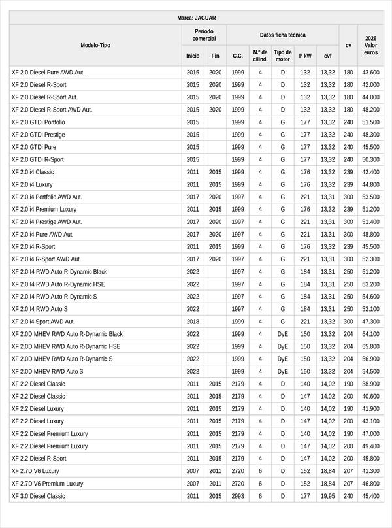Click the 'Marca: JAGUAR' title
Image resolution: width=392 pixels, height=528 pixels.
[x=196, y=18]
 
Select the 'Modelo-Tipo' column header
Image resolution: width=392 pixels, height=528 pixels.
[x=95, y=45]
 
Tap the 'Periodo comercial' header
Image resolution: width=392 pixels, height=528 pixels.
[x=204, y=35]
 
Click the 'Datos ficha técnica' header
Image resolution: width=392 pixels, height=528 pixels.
[x=282, y=35]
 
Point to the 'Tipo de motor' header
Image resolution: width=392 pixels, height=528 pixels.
[x=283, y=56]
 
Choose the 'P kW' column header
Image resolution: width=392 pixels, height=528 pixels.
[x=305, y=56]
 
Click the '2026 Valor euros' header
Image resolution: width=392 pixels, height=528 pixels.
[x=370, y=45]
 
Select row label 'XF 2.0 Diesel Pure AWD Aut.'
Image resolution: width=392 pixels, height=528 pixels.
[x=48, y=73]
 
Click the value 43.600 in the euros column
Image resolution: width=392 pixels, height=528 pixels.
[x=370, y=73]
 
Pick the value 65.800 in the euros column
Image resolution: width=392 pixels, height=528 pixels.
[x=370, y=346]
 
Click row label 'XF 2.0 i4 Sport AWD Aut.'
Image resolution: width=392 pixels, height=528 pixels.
[x=43, y=322]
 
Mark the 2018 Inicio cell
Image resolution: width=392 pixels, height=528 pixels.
[x=193, y=322]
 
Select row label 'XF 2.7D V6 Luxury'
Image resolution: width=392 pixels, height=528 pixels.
[x=35, y=471]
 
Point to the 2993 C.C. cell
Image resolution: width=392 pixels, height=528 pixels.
[x=238, y=496]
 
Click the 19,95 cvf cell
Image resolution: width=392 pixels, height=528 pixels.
[x=327, y=496]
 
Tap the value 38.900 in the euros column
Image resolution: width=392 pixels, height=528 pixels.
[x=370, y=384]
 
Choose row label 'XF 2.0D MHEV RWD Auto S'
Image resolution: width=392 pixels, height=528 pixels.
[x=47, y=371]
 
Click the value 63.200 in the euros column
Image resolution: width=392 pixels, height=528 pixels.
[x=370, y=284]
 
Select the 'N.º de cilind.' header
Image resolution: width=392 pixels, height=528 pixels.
[x=260, y=56]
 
